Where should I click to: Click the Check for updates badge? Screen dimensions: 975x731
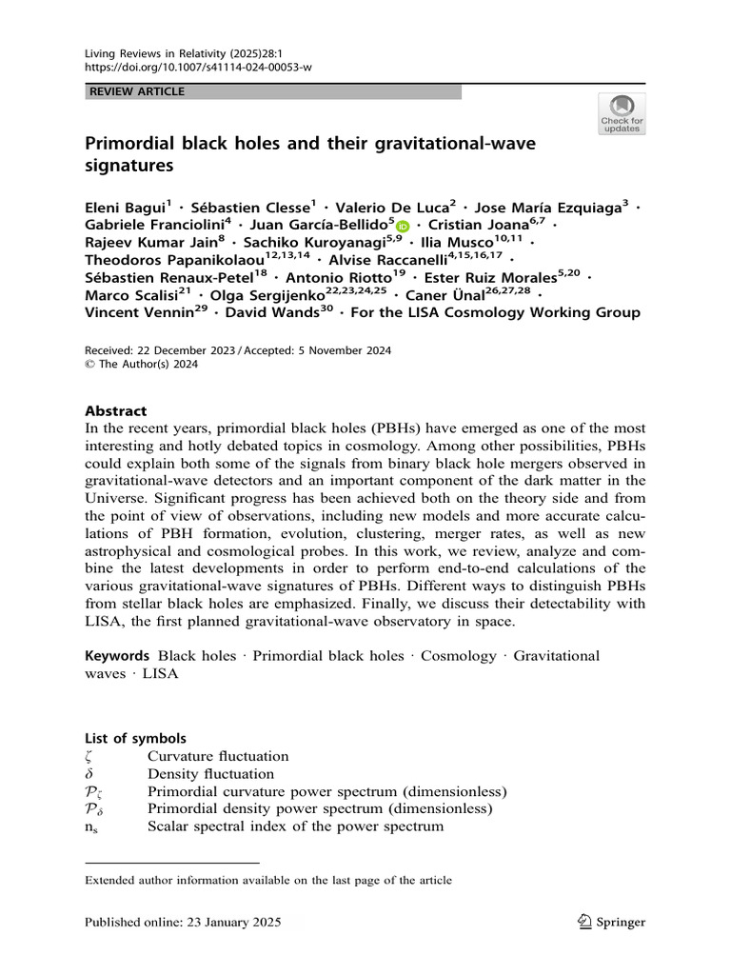[622, 113]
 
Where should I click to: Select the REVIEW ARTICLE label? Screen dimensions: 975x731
[137, 91]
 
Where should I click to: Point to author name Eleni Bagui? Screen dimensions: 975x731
[126, 209]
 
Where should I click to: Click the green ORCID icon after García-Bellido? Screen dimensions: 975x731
[402, 227]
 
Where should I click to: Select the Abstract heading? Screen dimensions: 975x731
[116, 411]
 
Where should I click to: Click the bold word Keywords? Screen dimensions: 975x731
[117, 656]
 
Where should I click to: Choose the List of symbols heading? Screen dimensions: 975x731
[135, 738]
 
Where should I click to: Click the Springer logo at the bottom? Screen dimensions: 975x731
[611, 922]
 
